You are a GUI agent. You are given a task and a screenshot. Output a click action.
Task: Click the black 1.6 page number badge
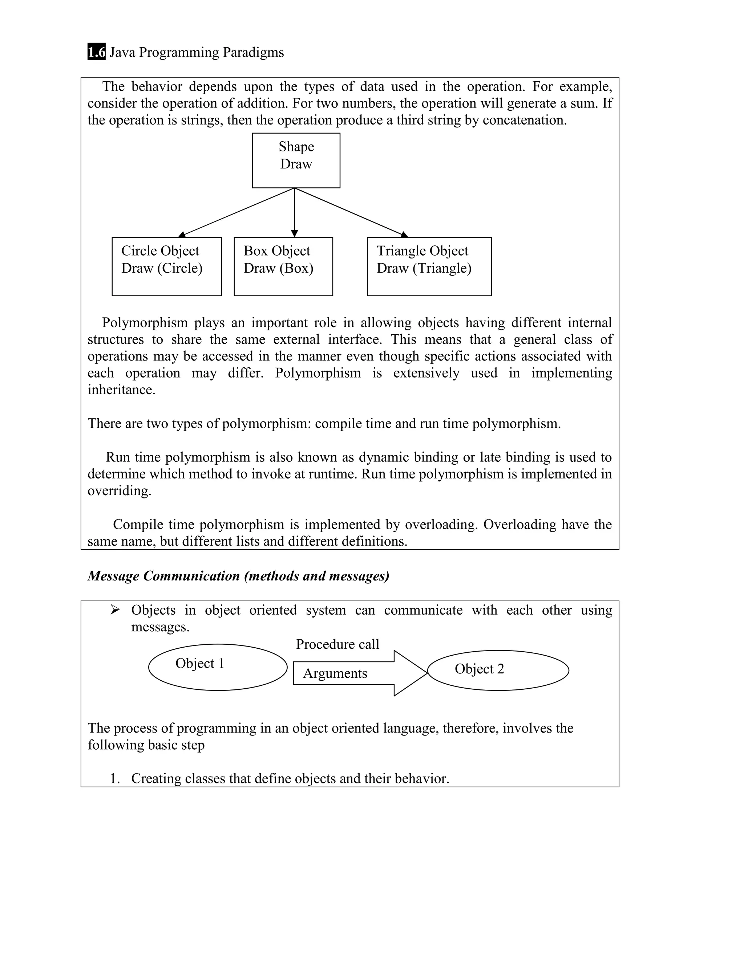[97, 52]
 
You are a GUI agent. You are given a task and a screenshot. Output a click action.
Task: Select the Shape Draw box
[296, 160]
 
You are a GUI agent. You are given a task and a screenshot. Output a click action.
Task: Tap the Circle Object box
[167, 266]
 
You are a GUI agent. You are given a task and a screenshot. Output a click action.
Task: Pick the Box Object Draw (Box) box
[283, 266]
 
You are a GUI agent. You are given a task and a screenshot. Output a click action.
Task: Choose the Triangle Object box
[429, 266]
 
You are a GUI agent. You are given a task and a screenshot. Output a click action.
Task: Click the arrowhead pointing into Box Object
[294, 233]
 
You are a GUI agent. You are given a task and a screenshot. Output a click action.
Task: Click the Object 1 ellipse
[218, 667]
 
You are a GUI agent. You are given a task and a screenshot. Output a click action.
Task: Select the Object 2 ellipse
[498, 670]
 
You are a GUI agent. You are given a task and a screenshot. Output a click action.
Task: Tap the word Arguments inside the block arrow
[335, 673]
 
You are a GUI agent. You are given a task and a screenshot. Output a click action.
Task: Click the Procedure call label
[337, 644]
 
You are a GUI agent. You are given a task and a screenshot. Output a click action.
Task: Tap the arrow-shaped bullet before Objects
[115, 610]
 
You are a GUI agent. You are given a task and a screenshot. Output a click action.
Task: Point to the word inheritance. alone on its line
[121, 390]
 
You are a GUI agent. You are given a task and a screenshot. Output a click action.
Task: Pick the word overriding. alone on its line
[119, 491]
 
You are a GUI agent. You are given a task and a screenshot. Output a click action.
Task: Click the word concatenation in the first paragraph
[524, 120]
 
